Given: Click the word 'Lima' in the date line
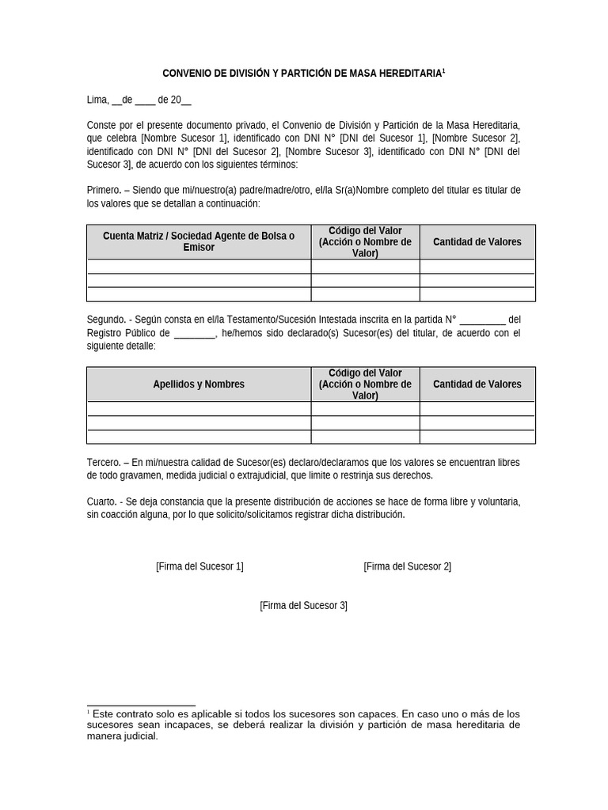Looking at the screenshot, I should pos(97,100).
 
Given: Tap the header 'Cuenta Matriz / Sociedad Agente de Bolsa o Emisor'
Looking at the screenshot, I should pos(199,241).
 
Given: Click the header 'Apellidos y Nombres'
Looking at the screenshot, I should pos(199,384).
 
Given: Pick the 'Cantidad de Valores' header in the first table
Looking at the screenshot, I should pos(477,241).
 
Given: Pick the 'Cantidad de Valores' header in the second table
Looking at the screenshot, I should pos(477,384).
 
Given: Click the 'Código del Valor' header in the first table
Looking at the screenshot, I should pos(365,230).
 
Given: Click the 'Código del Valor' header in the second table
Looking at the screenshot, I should pos(365,373).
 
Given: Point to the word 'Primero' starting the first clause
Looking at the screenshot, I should pos(104,191).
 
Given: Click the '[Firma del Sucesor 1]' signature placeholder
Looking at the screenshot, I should pos(199,566).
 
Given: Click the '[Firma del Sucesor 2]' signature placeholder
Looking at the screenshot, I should pos(407,566).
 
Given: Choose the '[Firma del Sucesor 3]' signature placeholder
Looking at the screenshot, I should pos(303,606).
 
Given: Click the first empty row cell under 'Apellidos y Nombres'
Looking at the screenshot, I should pos(199,409).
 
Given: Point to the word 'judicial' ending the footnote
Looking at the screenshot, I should pos(140,736).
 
